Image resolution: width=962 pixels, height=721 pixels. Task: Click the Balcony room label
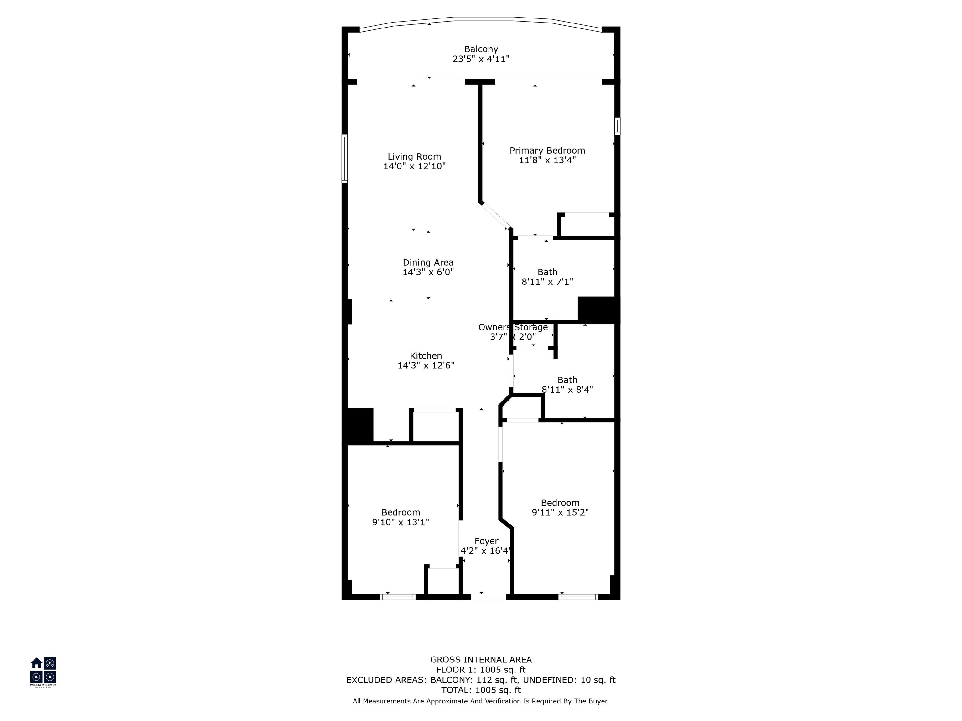(x=481, y=49)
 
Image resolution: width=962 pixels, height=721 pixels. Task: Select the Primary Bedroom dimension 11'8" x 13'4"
(x=547, y=160)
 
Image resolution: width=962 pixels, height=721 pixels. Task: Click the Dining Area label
(x=428, y=263)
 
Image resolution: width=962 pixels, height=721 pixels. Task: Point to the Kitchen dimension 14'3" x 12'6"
(x=426, y=365)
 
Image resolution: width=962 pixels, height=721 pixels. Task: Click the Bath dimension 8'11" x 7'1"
(x=547, y=282)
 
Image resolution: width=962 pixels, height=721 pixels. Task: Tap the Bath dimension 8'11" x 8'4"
(x=567, y=389)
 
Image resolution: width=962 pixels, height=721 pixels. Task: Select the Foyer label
(x=486, y=541)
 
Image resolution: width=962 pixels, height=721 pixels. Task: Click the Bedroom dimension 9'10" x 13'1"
(x=401, y=522)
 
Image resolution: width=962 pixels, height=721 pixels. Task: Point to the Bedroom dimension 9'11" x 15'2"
(x=560, y=512)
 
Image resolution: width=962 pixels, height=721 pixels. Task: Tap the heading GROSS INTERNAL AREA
(x=481, y=660)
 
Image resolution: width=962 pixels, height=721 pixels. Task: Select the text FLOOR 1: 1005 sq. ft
(x=481, y=670)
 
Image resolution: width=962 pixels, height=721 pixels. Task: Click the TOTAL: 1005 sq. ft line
(x=481, y=690)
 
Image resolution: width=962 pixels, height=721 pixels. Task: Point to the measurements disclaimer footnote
(x=481, y=701)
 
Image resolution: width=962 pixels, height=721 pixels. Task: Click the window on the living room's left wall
(x=344, y=158)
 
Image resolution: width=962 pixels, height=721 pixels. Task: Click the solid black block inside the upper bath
(x=596, y=309)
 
